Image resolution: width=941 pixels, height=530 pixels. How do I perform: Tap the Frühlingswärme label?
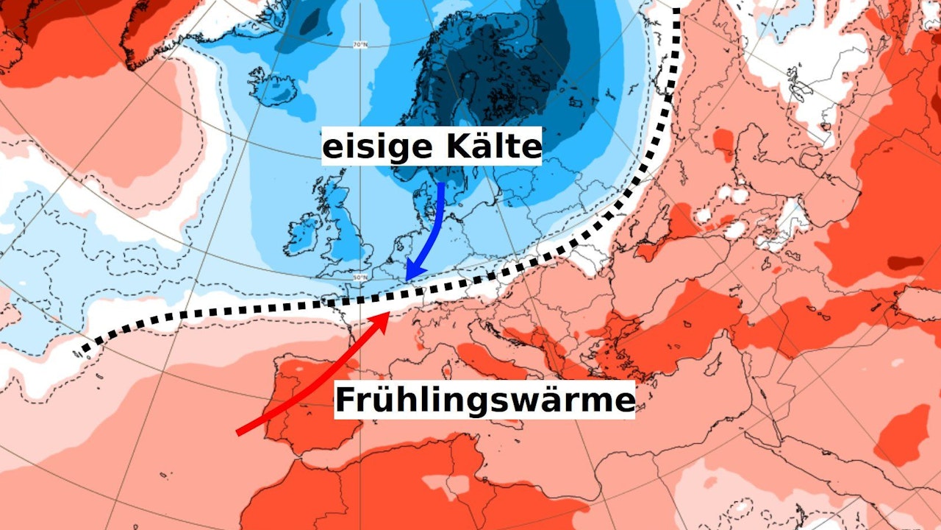[484, 401]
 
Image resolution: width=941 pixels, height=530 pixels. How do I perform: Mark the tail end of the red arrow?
[238, 433]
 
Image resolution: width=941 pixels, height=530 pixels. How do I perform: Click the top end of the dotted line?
[676, 6]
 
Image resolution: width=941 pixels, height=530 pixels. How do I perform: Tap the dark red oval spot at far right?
[905, 262]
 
